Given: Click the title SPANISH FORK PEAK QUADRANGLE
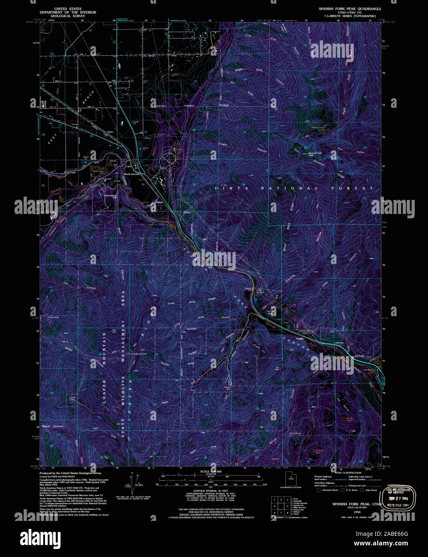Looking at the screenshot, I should pyautogui.click(x=350, y=8).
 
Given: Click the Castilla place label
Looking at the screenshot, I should pyautogui.click(x=299, y=339).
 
